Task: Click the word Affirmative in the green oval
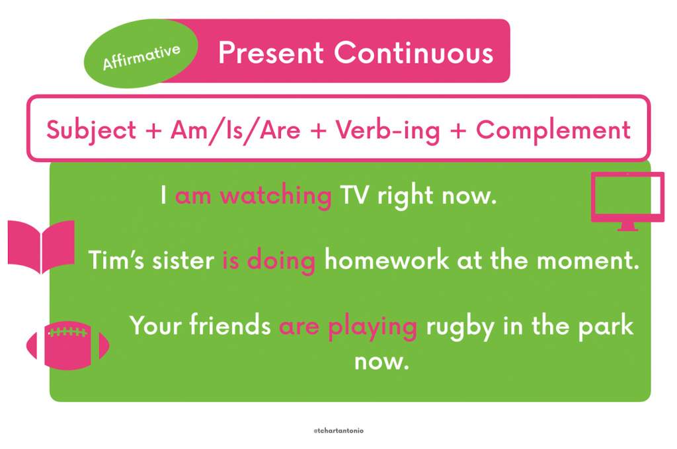click(x=141, y=57)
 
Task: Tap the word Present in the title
click(x=271, y=53)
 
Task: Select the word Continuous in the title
click(x=414, y=53)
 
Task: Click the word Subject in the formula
click(x=91, y=130)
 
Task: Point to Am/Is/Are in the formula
click(x=235, y=130)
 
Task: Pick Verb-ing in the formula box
click(x=387, y=130)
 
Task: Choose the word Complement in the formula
click(x=553, y=130)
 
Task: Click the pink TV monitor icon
click(x=627, y=201)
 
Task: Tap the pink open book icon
click(x=41, y=247)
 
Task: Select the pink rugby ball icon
click(x=68, y=345)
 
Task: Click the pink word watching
click(x=276, y=196)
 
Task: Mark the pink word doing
click(x=281, y=261)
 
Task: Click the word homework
click(x=387, y=260)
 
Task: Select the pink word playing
click(x=373, y=326)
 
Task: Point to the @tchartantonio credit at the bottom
click(x=338, y=430)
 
